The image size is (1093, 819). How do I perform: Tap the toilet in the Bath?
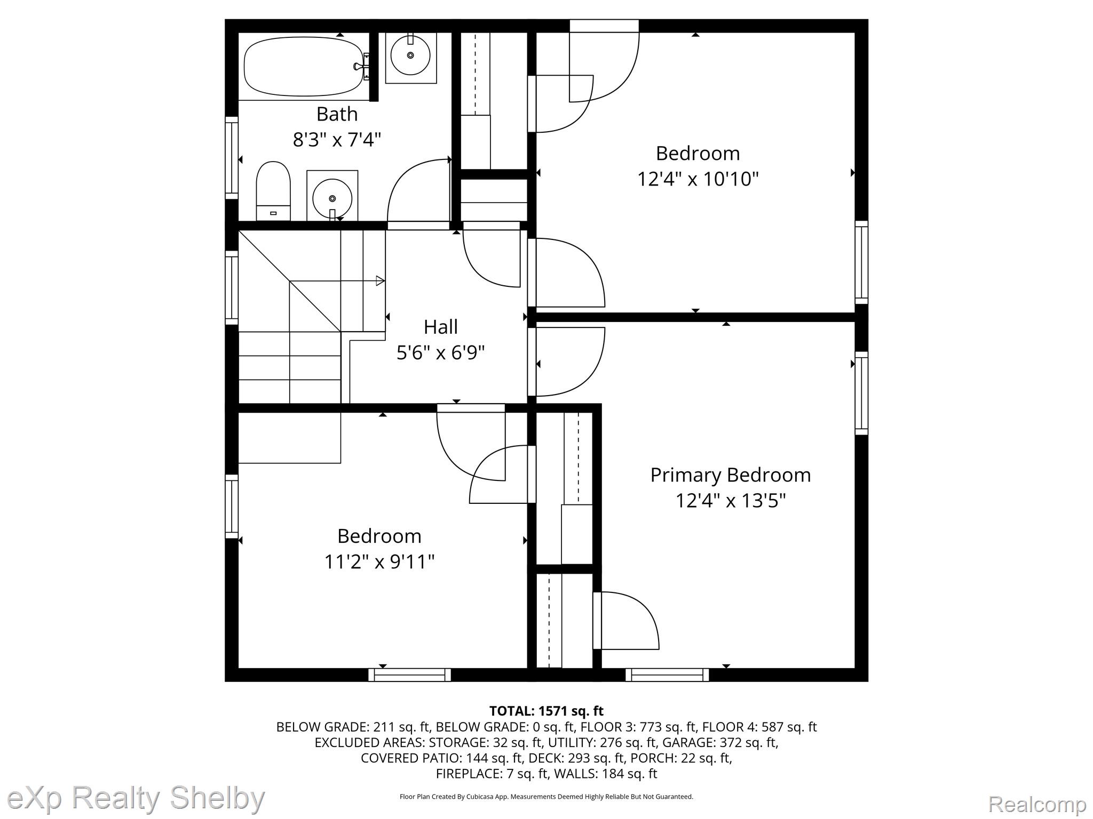[273, 191]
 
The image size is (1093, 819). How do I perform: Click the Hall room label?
[441, 326]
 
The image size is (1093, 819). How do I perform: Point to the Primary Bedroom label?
[730, 475]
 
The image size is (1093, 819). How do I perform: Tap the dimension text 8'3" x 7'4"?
[337, 140]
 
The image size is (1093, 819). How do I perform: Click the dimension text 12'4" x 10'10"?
[698, 179]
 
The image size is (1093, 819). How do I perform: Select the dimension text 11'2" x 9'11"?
[379, 561]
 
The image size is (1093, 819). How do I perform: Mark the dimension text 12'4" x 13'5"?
[731, 501]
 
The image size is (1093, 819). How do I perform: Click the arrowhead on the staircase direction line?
[381, 280]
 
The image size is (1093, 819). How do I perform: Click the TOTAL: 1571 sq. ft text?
[546, 711]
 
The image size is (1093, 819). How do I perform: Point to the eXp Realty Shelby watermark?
[136, 798]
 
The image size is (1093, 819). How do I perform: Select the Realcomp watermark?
[1037, 804]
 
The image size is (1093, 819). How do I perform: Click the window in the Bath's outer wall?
[231, 157]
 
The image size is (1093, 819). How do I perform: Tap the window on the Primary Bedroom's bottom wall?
[667, 675]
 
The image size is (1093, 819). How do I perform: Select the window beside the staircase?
[231, 287]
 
